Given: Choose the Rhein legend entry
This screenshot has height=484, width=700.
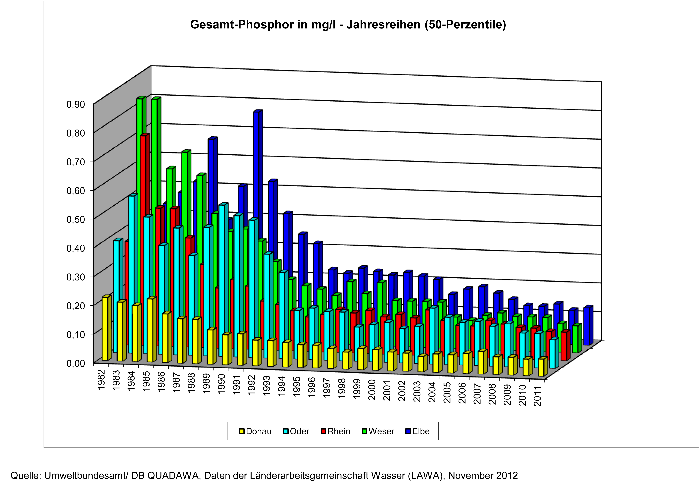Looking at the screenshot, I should (338, 431).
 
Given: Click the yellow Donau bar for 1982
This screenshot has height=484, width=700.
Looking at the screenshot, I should (105, 329).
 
